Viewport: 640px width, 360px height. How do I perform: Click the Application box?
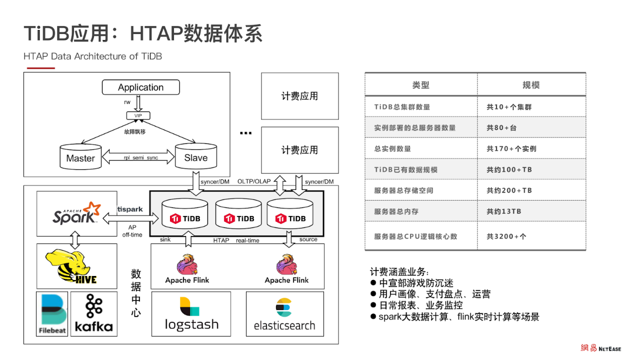pyautogui.click(x=140, y=87)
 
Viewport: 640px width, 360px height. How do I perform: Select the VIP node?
pyautogui.click(x=138, y=115)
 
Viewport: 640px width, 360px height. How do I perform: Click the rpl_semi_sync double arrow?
pyautogui.click(x=138, y=157)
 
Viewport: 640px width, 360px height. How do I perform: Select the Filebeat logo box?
pyautogui.click(x=52, y=313)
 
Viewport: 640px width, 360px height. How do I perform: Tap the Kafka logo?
pyautogui.click(x=93, y=313)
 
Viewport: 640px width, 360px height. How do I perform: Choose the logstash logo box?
pyautogui.click(x=191, y=314)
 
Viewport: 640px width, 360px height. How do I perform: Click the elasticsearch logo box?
pyautogui.click(x=284, y=314)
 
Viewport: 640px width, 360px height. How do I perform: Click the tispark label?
pyautogui.click(x=130, y=209)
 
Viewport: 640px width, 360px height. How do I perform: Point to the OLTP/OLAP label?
pyautogui.click(x=254, y=181)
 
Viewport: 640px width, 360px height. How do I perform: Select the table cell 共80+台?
pyautogui.click(x=501, y=127)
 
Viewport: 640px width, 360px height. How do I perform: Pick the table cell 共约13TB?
pyautogui.click(x=504, y=211)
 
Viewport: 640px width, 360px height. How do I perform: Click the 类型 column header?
pyautogui.click(x=420, y=85)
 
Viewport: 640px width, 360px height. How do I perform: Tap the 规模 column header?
pyautogui.click(x=531, y=85)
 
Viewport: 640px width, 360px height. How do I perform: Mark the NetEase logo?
pyautogui.click(x=600, y=348)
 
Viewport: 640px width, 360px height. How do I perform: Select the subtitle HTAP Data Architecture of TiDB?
pyautogui.click(x=93, y=56)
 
